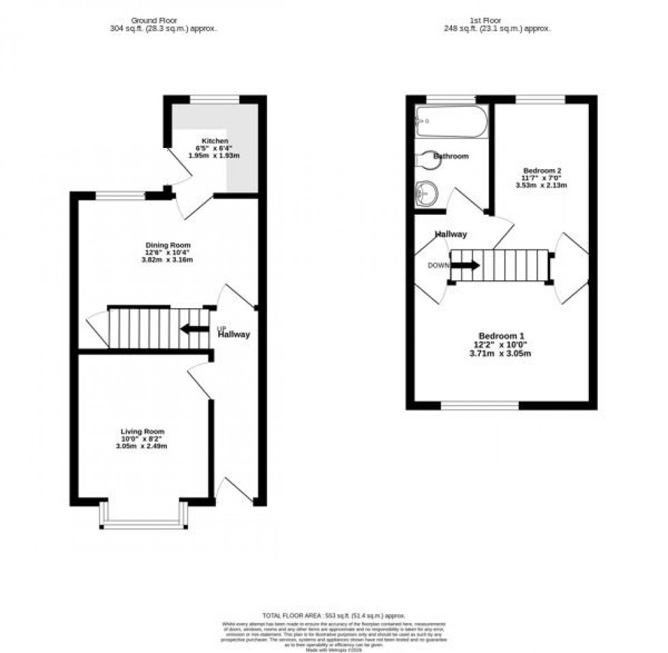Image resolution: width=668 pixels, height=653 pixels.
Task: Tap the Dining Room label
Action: [x=167, y=245]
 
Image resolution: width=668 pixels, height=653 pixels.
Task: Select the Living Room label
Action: [x=142, y=431]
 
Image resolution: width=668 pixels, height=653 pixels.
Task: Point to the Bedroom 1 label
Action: [x=501, y=335]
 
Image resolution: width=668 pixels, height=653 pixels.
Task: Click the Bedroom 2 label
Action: [x=542, y=170]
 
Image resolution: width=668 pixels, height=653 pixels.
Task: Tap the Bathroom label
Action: [x=452, y=156]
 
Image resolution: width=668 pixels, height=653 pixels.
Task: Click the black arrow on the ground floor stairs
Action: [x=194, y=329]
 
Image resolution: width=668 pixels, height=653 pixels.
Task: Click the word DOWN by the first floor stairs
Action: [x=438, y=265]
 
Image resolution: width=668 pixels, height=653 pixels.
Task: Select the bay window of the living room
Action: [x=143, y=524]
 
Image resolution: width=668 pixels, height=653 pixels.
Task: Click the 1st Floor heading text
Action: [x=501, y=21]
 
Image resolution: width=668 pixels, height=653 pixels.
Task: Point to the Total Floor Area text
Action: [x=333, y=615]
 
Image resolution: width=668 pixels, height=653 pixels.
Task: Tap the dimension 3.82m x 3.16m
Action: [x=167, y=260]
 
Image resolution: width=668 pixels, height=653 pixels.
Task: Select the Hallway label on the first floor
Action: [x=451, y=234]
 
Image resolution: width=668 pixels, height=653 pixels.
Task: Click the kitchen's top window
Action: [x=214, y=100]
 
